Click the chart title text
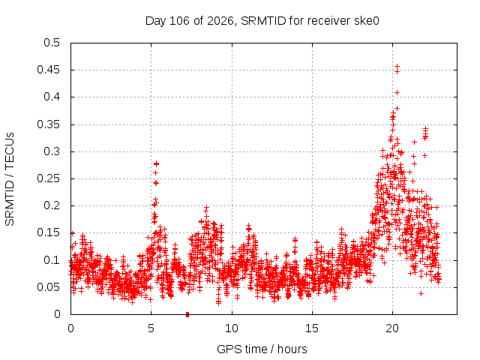pyautogui.click(x=262, y=21)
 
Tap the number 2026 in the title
pyautogui.click(x=220, y=21)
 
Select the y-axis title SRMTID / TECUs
pyautogui.click(x=10, y=179)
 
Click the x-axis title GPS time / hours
pyautogui.click(x=262, y=349)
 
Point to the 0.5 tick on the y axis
pyautogui.click(x=52, y=43)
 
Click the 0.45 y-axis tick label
pyautogui.click(x=48, y=70)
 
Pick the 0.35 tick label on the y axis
pyautogui.click(x=48, y=124)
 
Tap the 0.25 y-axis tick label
pyautogui.click(x=48, y=178)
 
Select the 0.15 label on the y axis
pyautogui.click(x=48, y=233)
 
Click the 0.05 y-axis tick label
pyautogui.click(x=48, y=287)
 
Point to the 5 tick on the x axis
pyautogui.click(x=151, y=328)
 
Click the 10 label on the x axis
pyautogui.click(x=232, y=328)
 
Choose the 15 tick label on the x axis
pyautogui.click(x=312, y=328)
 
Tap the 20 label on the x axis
pyautogui.click(x=392, y=328)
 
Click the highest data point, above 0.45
pyautogui.click(x=397, y=67)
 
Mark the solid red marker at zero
pyautogui.click(x=187, y=315)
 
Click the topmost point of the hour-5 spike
pyautogui.click(x=156, y=163)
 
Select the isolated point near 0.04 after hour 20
pyautogui.click(x=421, y=293)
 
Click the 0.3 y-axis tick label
pyautogui.click(x=52, y=151)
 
